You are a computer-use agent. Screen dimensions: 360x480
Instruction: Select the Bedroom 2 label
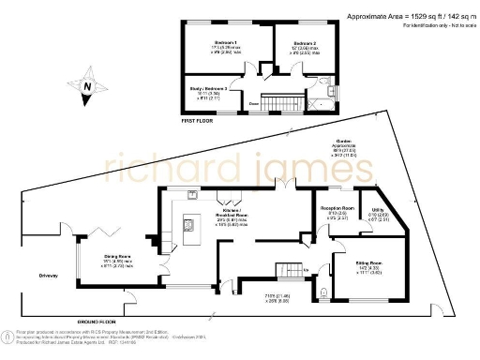point(305,44)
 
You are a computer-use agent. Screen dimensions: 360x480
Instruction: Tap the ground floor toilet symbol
point(324,292)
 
